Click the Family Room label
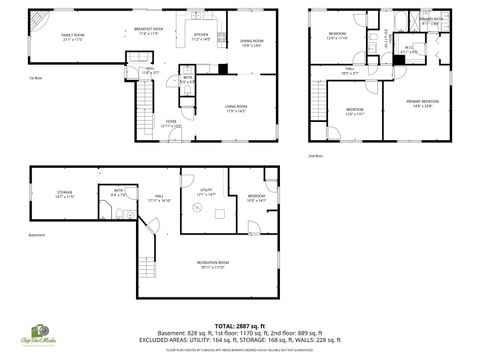[73, 36]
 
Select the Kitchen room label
[201, 36]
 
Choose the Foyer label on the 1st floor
[171, 124]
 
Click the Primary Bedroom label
[422, 102]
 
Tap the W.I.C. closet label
[410, 48]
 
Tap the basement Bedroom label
[257, 197]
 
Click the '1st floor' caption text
[35, 77]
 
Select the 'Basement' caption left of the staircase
[36, 236]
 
